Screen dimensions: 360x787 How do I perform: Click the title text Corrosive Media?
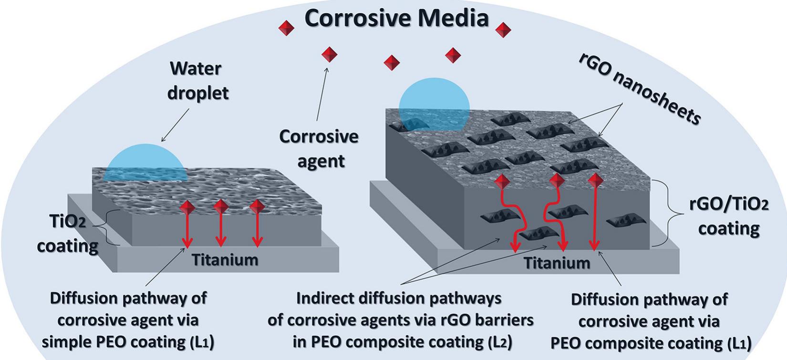396,18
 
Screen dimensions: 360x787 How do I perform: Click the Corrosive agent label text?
319,148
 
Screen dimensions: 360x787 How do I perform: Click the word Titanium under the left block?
225,260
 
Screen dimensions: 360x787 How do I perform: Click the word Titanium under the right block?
557,263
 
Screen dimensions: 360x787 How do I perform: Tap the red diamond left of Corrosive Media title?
287,28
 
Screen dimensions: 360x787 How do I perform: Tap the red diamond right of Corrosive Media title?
503,30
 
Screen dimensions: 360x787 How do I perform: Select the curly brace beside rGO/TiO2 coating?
666,213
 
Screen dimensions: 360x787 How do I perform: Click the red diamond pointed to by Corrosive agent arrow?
329,54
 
